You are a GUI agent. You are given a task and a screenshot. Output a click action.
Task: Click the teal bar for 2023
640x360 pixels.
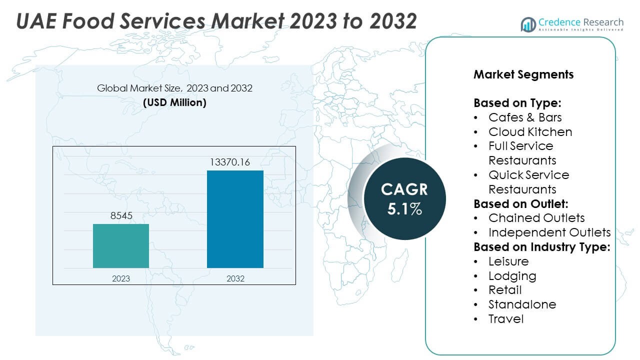[121, 246]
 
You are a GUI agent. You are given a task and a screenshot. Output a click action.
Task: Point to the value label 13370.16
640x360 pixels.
[235, 162]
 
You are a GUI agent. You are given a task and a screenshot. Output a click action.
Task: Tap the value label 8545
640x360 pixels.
[121, 216]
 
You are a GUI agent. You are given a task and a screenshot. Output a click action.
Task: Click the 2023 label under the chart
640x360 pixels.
[121, 278]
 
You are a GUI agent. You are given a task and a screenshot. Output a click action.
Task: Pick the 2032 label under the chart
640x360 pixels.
[235, 278]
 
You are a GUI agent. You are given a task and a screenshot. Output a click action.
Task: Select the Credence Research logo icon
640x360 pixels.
[528, 24]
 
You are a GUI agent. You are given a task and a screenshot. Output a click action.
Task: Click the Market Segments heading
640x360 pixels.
[523, 75]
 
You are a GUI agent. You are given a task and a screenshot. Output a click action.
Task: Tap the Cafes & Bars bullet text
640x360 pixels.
[525, 117]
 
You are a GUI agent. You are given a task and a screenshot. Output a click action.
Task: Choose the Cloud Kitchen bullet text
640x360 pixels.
[530, 132]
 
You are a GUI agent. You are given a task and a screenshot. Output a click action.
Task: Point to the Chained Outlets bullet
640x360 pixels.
[536, 218]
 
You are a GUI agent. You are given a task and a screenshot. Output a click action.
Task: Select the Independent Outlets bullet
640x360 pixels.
[549, 232]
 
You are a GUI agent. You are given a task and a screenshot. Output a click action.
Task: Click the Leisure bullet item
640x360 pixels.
[508, 261]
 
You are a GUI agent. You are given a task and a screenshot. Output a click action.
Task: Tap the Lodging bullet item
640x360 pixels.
[512, 276]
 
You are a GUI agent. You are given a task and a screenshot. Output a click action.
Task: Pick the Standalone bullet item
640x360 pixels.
[522, 304]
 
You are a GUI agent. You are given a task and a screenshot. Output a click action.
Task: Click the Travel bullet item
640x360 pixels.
[505, 319]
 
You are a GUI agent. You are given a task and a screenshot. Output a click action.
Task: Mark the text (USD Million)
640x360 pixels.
[174, 102]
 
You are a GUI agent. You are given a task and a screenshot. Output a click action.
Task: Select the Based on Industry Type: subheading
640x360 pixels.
[541, 247]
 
